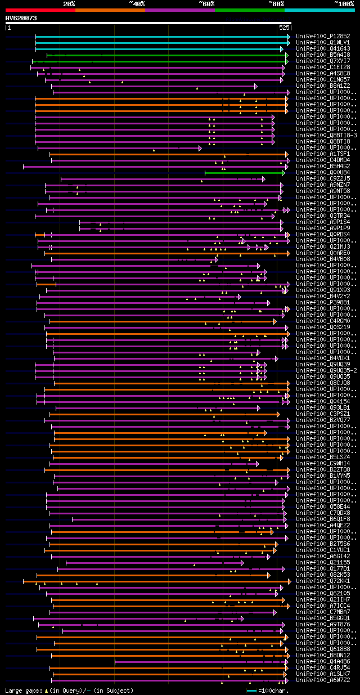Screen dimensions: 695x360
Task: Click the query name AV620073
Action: (21, 18)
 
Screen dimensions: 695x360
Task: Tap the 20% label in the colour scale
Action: (69, 4)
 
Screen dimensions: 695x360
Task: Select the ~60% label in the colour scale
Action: (206, 4)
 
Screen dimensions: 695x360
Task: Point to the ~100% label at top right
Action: (344, 4)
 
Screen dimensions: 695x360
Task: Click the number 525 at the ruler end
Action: (284, 28)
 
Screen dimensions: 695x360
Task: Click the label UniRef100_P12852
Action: (323, 36)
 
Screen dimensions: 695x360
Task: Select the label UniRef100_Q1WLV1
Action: (323, 42)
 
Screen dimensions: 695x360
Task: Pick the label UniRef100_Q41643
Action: (323, 48)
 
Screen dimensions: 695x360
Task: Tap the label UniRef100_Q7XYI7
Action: (323, 61)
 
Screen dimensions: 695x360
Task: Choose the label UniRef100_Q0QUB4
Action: (323, 172)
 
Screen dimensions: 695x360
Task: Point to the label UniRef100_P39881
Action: (323, 302)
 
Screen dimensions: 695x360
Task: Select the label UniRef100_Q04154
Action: (323, 401)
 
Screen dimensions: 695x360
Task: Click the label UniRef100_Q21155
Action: (323, 562)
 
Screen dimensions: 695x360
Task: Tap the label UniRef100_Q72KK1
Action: (323, 581)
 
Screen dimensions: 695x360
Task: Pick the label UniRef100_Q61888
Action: (323, 649)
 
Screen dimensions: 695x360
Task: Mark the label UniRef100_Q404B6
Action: (323, 661)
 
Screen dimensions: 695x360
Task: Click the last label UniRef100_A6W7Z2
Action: (323, 680)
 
